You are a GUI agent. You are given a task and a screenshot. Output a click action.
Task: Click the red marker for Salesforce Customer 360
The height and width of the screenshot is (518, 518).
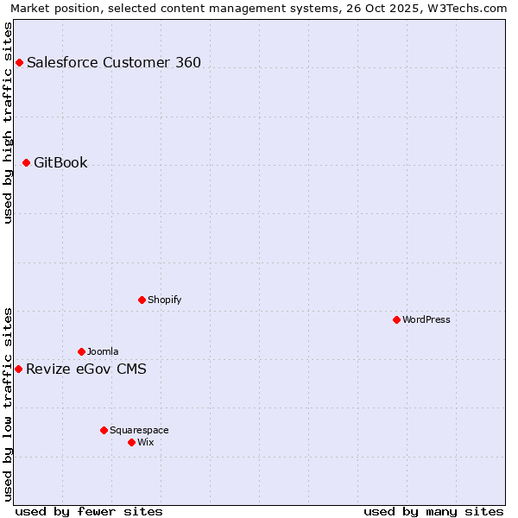[19, 62]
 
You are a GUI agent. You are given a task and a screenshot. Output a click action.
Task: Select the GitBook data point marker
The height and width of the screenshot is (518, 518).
[26, 162]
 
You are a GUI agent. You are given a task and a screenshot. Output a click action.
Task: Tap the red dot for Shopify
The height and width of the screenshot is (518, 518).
[142, 300]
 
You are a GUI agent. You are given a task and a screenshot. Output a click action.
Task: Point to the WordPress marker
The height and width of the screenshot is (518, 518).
[396, 319]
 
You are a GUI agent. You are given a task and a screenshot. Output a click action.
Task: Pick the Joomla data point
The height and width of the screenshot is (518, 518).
[81, 351]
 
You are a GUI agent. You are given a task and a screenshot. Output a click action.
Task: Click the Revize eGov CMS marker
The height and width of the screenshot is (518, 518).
[18, 369]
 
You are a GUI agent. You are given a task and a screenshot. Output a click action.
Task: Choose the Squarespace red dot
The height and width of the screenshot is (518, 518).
[104, 430]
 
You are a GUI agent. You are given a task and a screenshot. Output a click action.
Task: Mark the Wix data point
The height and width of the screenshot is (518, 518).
[131, 442]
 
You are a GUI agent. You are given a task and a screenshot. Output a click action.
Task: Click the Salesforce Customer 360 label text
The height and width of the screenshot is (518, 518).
[114, 62]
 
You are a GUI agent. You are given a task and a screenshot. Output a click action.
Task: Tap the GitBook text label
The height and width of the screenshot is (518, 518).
[60, 162]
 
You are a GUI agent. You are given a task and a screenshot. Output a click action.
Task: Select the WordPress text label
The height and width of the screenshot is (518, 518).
[426, 319]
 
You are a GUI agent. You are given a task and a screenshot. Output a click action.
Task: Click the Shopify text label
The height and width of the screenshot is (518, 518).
[164, 300]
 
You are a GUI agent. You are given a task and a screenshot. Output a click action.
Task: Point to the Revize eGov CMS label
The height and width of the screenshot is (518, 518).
[86, 370]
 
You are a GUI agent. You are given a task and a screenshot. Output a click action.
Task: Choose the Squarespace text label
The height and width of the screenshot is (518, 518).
[139, 430]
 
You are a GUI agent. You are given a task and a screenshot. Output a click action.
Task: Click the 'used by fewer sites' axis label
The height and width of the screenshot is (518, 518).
[89, 511]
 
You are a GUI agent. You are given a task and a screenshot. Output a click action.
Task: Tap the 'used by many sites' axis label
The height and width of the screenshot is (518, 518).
[433, 511]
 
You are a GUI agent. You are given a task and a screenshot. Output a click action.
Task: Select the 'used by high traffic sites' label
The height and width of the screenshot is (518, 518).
[9, 123]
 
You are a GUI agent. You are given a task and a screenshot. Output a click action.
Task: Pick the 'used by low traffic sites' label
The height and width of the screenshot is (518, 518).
[9, 403]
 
